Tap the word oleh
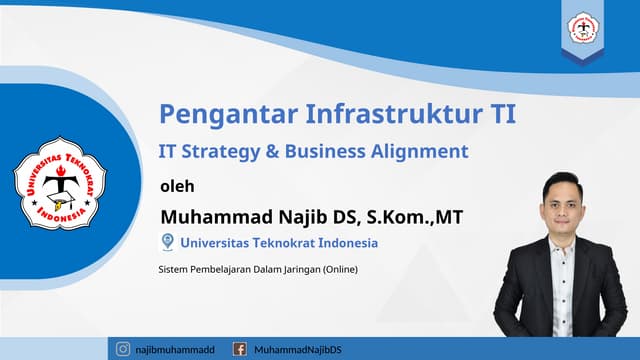(x=177, y=185)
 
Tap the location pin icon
(x=167, y=241)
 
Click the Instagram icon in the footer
(x=123, y=349)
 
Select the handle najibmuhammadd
(x=176, y=349)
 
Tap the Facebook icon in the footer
(x=239, y=349)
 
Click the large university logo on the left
(x=59, y=181)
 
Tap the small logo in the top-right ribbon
(x=582, y=29)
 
